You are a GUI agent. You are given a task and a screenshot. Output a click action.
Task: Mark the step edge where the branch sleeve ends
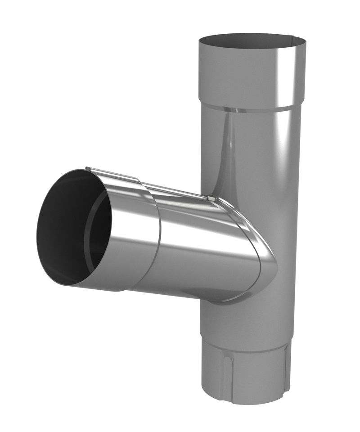158,238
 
